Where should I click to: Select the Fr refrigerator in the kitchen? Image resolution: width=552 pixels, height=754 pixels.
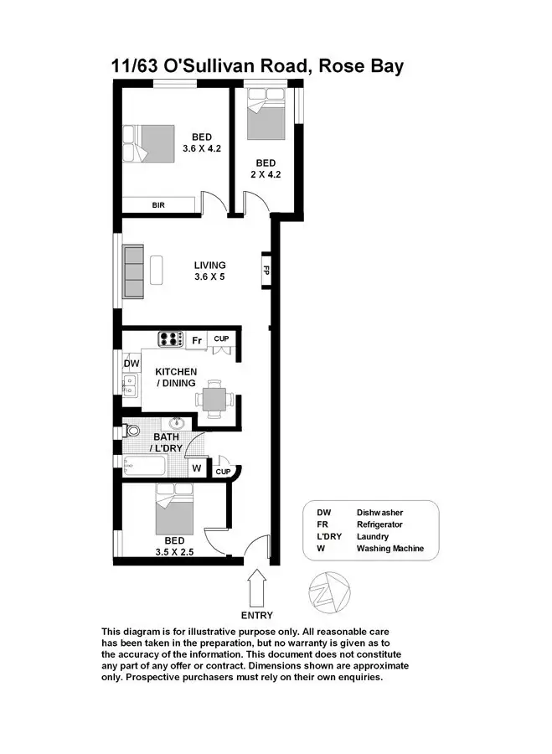coord(197,340)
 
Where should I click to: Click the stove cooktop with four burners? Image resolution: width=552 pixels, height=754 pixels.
coord(172,339)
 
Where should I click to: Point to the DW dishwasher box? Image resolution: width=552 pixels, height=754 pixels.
coord(132,364)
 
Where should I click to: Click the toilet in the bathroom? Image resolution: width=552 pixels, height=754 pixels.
coord(132,431)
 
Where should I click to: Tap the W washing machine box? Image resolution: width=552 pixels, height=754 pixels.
coord(196,468)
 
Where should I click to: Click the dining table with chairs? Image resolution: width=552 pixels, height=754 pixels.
coord(216,396)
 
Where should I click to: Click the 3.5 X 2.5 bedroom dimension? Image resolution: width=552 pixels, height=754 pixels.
coord(174,553)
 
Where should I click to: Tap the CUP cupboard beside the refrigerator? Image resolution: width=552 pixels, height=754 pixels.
coord(221,338)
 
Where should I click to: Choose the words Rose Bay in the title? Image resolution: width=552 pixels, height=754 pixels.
coord(360,66)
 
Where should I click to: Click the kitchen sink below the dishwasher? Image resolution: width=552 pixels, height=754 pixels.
coord(132,385)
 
